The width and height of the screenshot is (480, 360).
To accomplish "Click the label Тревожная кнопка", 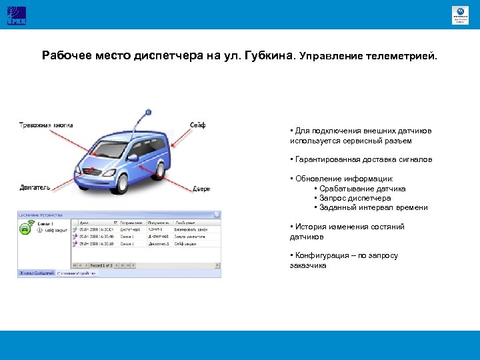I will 46,125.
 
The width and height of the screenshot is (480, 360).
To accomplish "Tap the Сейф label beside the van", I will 198,125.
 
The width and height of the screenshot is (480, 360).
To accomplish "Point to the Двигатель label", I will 35,188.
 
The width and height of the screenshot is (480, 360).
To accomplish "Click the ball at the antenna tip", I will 145,111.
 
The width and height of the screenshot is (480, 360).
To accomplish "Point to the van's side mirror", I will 133,158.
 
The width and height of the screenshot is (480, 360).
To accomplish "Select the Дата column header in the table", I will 84,223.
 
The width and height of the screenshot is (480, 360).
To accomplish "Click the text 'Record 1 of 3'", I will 102,265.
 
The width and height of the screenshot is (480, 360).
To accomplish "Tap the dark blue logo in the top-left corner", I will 16,15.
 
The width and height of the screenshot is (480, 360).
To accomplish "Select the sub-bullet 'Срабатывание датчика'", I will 362,189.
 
